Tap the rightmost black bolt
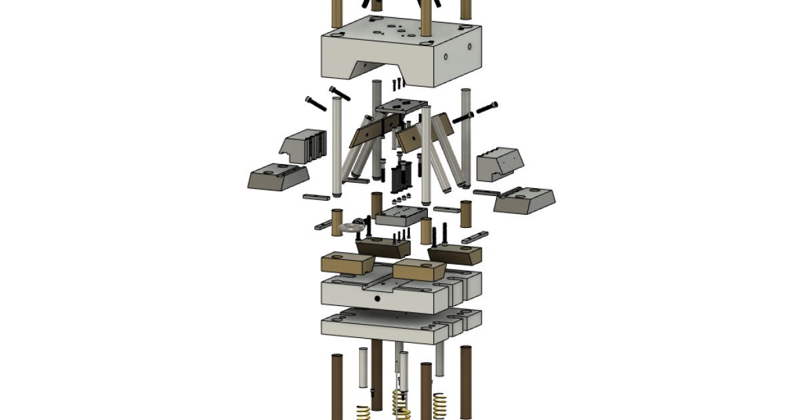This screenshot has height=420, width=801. (485, 107)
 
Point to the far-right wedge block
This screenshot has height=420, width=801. (524, 200)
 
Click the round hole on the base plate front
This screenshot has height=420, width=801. (377, 299)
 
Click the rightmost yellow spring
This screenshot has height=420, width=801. (440, 405)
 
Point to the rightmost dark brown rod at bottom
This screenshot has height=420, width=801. (466, 380)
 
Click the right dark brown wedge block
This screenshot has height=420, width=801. (455, 254)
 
